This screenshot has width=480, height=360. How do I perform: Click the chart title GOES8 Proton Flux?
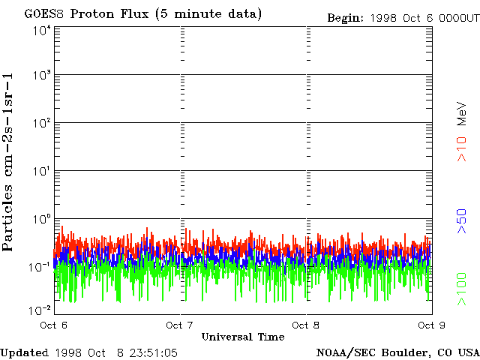tap(142, 14)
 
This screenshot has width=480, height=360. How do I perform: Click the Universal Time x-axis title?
tap(242, 337)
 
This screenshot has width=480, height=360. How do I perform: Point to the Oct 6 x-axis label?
tap(54, 325)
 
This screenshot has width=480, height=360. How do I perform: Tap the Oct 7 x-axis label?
tap(180, 325)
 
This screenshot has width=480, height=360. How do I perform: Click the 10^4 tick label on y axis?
tap(41, 31)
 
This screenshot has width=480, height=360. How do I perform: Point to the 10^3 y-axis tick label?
tap(41, 76)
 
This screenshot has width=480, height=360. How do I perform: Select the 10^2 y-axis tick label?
tap(41, 124)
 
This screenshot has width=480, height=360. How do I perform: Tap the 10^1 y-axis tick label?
tap(41, 172)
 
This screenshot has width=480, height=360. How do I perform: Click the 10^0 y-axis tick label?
tap(41, 220)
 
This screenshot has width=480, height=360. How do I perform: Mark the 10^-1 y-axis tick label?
tap(40, 267)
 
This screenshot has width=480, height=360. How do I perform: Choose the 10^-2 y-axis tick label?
tap(40, 309)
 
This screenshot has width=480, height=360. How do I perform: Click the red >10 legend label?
tap(463, 149)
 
